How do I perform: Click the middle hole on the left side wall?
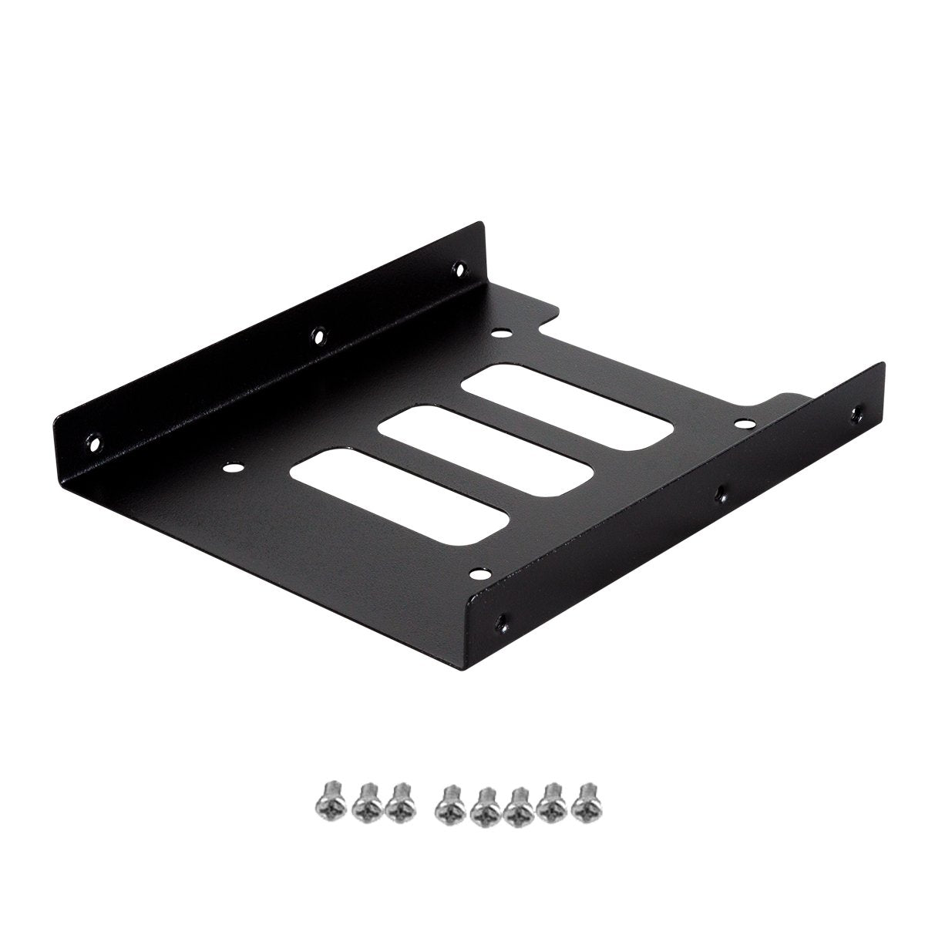click(318, 335)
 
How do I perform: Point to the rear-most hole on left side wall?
click(459, 270)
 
